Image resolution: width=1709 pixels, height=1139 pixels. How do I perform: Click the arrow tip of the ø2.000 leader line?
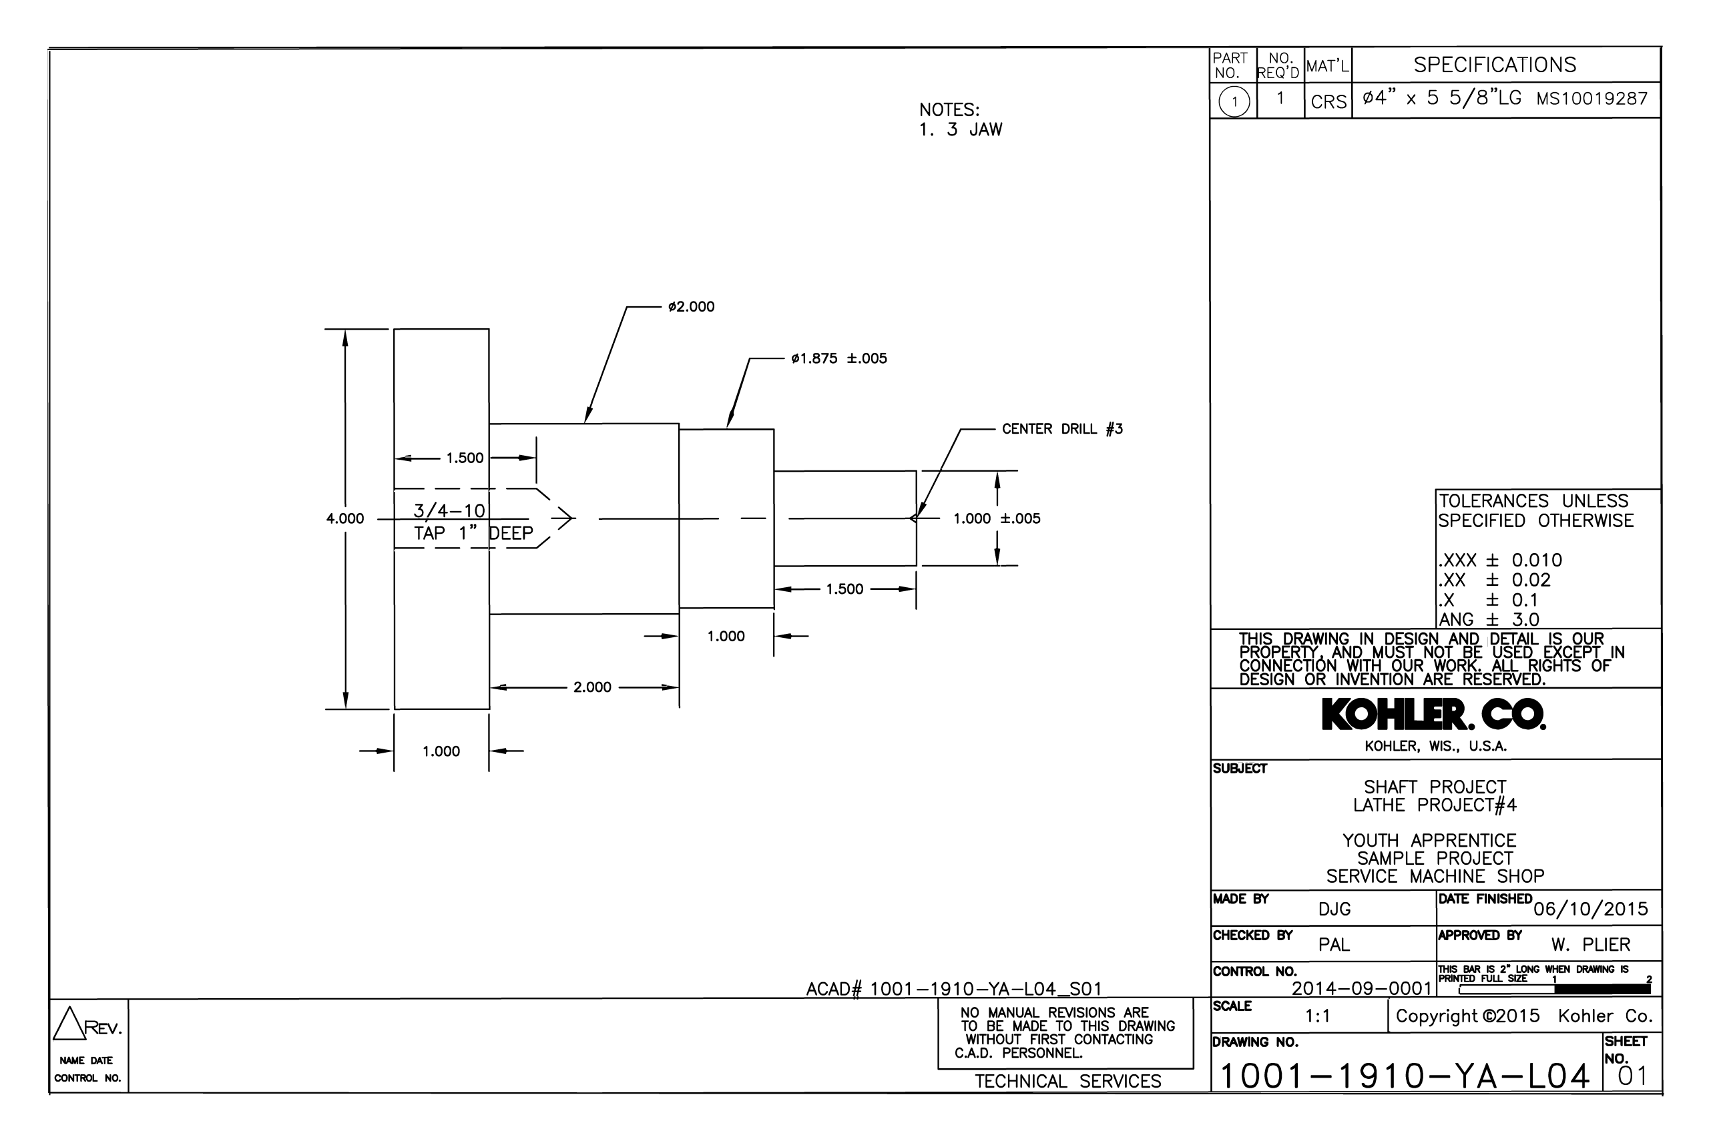(585, 423)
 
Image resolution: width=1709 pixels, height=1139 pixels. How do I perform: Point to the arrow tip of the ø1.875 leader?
(728, 428)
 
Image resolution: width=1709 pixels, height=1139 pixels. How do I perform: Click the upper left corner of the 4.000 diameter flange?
(395, 329)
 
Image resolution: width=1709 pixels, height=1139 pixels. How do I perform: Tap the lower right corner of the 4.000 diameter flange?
(489, 709)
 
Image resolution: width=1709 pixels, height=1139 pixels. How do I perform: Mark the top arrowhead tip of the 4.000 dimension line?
(345, 330)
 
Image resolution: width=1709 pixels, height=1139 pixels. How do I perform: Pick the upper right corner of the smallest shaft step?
(917, 472)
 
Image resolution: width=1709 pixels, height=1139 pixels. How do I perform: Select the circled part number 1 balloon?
(1234, 101)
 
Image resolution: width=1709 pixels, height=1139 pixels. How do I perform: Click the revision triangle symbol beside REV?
(69, 1023)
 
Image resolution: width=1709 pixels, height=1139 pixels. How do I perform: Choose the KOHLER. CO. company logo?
(1433, 715)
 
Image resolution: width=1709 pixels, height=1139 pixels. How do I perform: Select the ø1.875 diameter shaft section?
(726, 518)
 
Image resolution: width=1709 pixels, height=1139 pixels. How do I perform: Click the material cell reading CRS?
(1328, 101)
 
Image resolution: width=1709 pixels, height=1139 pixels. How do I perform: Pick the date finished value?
(1591, 909)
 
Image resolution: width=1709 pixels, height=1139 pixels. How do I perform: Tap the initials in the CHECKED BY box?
(1334, 944)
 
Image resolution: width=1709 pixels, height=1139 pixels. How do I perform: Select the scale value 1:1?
(1317, 1016)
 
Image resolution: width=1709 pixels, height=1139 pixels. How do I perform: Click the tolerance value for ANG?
(1526, 620)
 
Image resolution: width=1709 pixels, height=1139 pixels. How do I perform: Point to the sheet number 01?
(1633, 1076)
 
